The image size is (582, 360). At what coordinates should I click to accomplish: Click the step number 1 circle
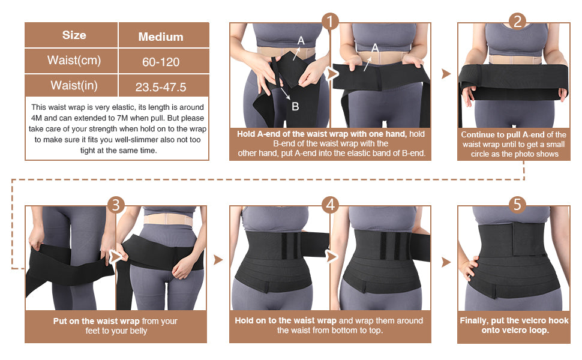point(330,22)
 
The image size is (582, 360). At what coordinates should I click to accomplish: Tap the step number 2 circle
point(517,22)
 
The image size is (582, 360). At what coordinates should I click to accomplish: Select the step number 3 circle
point(116,205)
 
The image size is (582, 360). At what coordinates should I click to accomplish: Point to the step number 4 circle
point(330,205)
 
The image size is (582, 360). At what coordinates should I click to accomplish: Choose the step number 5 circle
point(517,205)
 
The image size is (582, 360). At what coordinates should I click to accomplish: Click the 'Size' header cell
point(74,35)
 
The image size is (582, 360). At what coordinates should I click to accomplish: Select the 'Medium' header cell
point(161,37)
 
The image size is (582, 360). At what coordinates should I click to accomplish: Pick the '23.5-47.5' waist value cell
point(161,87)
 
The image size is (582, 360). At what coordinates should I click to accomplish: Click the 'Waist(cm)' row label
point(74,61)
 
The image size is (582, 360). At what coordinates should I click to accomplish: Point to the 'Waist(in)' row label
point(74,85)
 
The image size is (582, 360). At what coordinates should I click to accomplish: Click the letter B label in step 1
point(295,106)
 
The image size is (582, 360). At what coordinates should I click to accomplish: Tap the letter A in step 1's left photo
point(301,40)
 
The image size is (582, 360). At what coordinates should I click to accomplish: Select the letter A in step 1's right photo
point(375,47)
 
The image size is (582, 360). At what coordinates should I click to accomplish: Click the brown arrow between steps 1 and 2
point(446,73)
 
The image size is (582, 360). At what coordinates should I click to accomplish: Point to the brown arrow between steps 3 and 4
point(218,260)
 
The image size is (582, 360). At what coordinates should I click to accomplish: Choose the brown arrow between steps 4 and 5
point(446,262)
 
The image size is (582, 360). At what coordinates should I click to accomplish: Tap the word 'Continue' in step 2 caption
point(478,134)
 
